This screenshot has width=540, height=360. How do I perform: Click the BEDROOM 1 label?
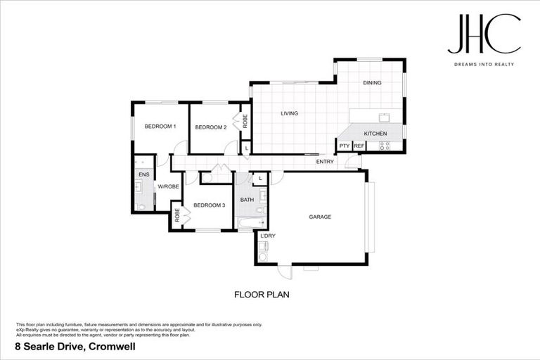click(160, 127)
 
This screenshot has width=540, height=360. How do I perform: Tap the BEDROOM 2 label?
click(210, 127)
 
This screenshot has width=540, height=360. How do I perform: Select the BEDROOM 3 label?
click(209, 205)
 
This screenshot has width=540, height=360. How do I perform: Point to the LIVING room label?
click(290, 113)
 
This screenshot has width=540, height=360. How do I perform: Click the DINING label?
click(372, 83)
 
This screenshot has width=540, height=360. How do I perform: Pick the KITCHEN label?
click(375, 133)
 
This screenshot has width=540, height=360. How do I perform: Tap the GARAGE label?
click(320, 217)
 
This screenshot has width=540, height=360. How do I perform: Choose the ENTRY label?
click(325, 162)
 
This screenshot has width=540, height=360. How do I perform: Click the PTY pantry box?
click(345, 146)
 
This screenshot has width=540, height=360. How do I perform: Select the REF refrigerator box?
click(359, 146)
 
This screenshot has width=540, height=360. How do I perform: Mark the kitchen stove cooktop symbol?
click(385, 146)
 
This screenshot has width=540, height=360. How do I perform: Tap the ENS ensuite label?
click(143, 174)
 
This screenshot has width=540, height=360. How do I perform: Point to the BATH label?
click(247, 200)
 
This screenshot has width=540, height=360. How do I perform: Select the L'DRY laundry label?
click(268, 236)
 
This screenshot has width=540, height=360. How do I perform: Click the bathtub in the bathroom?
click(247, 224)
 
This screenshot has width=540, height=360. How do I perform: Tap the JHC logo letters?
click(484, 34)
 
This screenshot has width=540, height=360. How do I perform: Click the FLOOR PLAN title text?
click(262, 295)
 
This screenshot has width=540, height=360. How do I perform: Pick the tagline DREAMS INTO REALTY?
click(484, 64)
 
